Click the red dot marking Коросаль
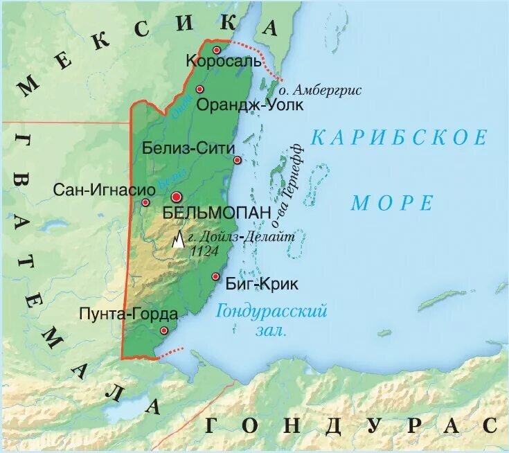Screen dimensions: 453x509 coord(216,50)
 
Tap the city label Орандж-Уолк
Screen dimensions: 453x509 coord(240,105)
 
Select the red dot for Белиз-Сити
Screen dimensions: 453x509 coord(237,160)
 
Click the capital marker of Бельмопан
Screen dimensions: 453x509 coord(177,197)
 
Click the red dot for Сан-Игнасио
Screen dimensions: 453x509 coord(145,202)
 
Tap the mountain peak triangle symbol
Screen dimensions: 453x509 coord(179,240)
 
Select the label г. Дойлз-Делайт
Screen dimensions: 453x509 coord(242,237)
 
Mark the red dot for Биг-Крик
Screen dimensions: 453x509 coord(215,276)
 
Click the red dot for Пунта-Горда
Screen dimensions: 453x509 coord(163,331)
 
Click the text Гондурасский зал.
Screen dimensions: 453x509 coord(271,320)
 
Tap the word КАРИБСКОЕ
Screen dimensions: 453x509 coord(398,137)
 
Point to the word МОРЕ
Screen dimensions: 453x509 coord(392,203)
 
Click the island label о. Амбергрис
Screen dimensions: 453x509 coord(320,90)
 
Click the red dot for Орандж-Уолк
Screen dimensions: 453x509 coord(199,89)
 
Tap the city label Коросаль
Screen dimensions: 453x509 coord(224,61)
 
